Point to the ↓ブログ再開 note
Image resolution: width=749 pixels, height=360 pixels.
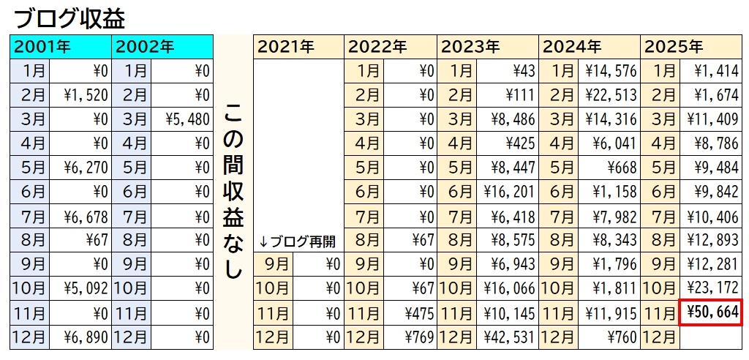tap(298, 241)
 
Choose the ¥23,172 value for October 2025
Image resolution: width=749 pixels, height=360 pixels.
tap(712, 289)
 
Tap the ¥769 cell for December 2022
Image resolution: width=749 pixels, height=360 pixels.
tap(411, 338)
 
